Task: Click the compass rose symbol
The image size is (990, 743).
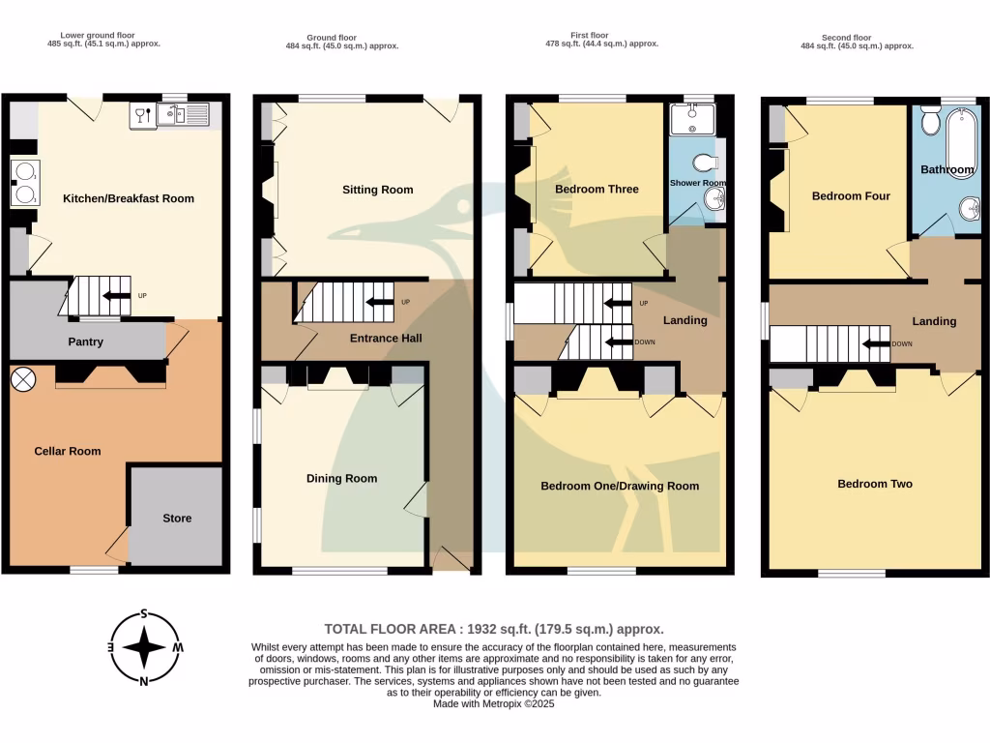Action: [144, 646]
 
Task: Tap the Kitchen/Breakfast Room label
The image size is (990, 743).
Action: [129, 198]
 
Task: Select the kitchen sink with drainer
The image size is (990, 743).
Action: [185, 116]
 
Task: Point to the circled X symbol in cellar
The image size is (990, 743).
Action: [22, 378]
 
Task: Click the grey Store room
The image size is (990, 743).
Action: [177, 518]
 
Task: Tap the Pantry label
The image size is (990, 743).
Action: [85, 342]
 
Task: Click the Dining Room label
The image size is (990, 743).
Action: [341, 478]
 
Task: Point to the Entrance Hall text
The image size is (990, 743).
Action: [386, 338]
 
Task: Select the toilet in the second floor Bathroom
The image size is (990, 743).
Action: [930, 121]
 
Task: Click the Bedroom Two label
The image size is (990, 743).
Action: [874, 484]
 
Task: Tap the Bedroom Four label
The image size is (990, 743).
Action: [851, 196]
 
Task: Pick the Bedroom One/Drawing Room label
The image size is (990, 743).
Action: [619, 486]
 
